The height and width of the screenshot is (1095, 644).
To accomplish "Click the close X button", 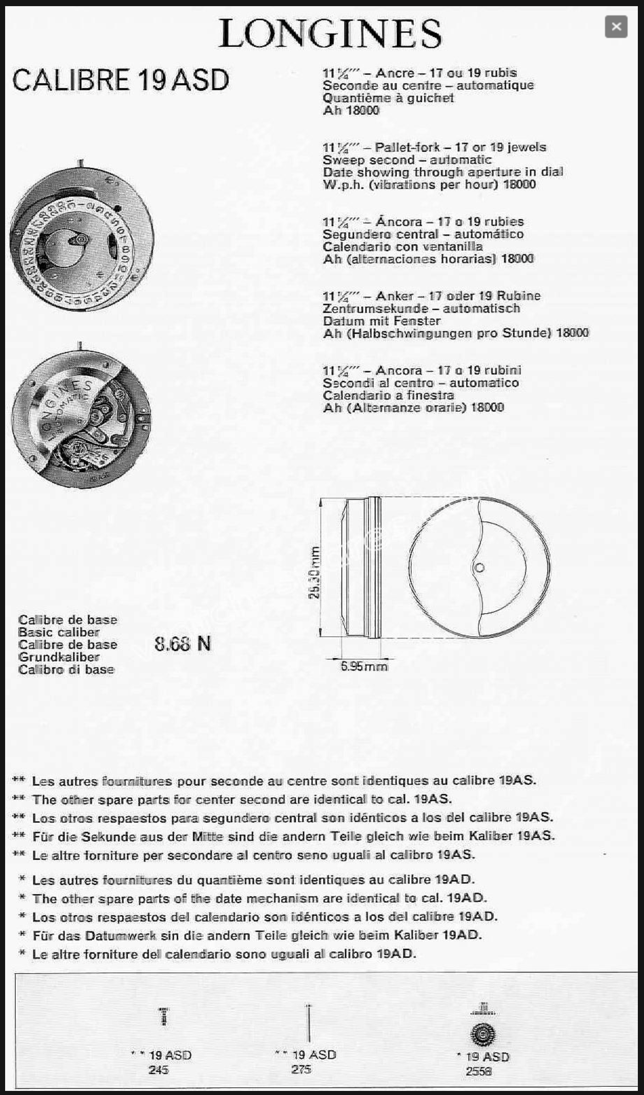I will (616, 27).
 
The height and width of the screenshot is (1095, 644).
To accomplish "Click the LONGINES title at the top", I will (330, 34).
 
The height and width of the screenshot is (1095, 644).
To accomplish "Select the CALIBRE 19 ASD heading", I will (120, 80).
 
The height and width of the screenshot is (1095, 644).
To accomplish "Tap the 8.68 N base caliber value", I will (183, 644).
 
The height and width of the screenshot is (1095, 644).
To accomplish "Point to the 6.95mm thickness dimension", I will (364, 666).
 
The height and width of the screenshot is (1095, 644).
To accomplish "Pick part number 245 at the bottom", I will (158, 1069).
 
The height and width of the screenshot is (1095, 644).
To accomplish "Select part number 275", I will (301, 1069).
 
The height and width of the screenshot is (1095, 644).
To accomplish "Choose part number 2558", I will (478, 1071).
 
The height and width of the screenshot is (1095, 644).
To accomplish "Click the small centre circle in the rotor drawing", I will (479, 567).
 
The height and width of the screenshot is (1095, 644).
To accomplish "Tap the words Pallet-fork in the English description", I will (407, 148).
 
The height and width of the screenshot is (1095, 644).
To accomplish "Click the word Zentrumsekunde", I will (375, 309).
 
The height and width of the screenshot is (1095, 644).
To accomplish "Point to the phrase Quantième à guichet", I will (388, 98).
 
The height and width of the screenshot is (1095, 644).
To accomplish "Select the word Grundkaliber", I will (59, 657).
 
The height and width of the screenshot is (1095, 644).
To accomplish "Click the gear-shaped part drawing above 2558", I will (482, 1035).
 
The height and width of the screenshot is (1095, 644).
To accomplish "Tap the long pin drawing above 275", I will (308, 1023).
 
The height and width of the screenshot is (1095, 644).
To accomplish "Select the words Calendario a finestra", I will (388, 395).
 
